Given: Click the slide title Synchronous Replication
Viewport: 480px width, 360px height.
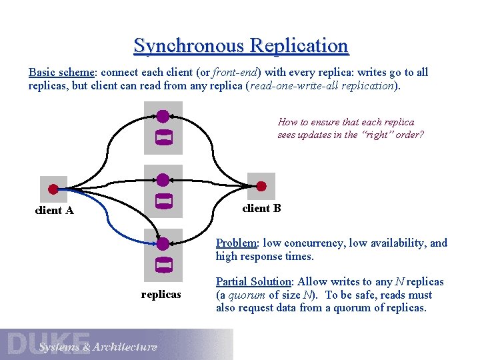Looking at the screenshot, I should pos(241,46).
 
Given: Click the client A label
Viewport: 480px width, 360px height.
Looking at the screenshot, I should pos(54,211).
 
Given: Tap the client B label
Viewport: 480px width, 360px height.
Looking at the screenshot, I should pos(261,208).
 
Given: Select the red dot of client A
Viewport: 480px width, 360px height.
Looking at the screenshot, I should pos(53,189).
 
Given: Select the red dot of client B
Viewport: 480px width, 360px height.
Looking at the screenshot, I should pos(261,186).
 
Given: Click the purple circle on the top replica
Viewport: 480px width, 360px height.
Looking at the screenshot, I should pos(163,117).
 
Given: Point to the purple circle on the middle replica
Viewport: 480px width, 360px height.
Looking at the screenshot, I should pos(163,180).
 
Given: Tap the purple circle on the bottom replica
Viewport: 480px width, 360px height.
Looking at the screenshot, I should pos(163,243).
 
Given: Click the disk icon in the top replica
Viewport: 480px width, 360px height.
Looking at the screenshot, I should pos(163,138).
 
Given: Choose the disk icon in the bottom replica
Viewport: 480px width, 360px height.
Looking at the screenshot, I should pos(163,265).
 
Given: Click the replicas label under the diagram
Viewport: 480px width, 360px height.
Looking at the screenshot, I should pos(161,294).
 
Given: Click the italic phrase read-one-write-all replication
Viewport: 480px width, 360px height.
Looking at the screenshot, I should pos(323,86).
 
